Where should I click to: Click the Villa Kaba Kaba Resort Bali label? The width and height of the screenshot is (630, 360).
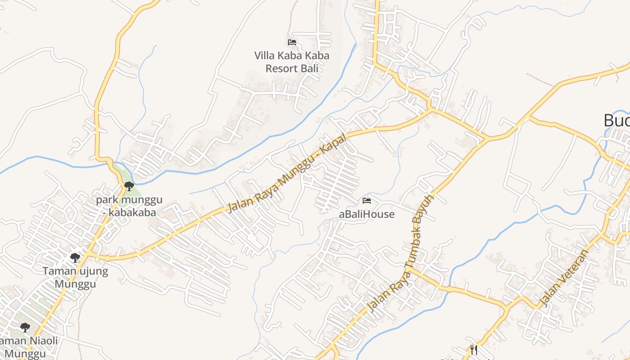point(292,62)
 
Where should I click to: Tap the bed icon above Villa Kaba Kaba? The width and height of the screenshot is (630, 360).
point(292,42)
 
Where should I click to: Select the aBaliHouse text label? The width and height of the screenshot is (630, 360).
point(366,214)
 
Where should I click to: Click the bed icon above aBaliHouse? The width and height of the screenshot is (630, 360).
point(367,200)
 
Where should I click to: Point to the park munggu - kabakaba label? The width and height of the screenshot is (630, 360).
point(129,206)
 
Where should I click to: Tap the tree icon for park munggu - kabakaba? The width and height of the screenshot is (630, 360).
point(129,186)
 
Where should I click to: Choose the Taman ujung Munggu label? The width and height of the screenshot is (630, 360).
point(75,278)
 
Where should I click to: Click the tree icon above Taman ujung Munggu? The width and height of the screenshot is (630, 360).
point(75,258)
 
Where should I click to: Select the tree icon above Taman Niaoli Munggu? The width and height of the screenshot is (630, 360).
point(25,327)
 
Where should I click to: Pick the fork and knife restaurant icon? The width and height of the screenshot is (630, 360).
point(473,350)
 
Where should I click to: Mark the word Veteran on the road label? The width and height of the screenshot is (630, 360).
point(571,270)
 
